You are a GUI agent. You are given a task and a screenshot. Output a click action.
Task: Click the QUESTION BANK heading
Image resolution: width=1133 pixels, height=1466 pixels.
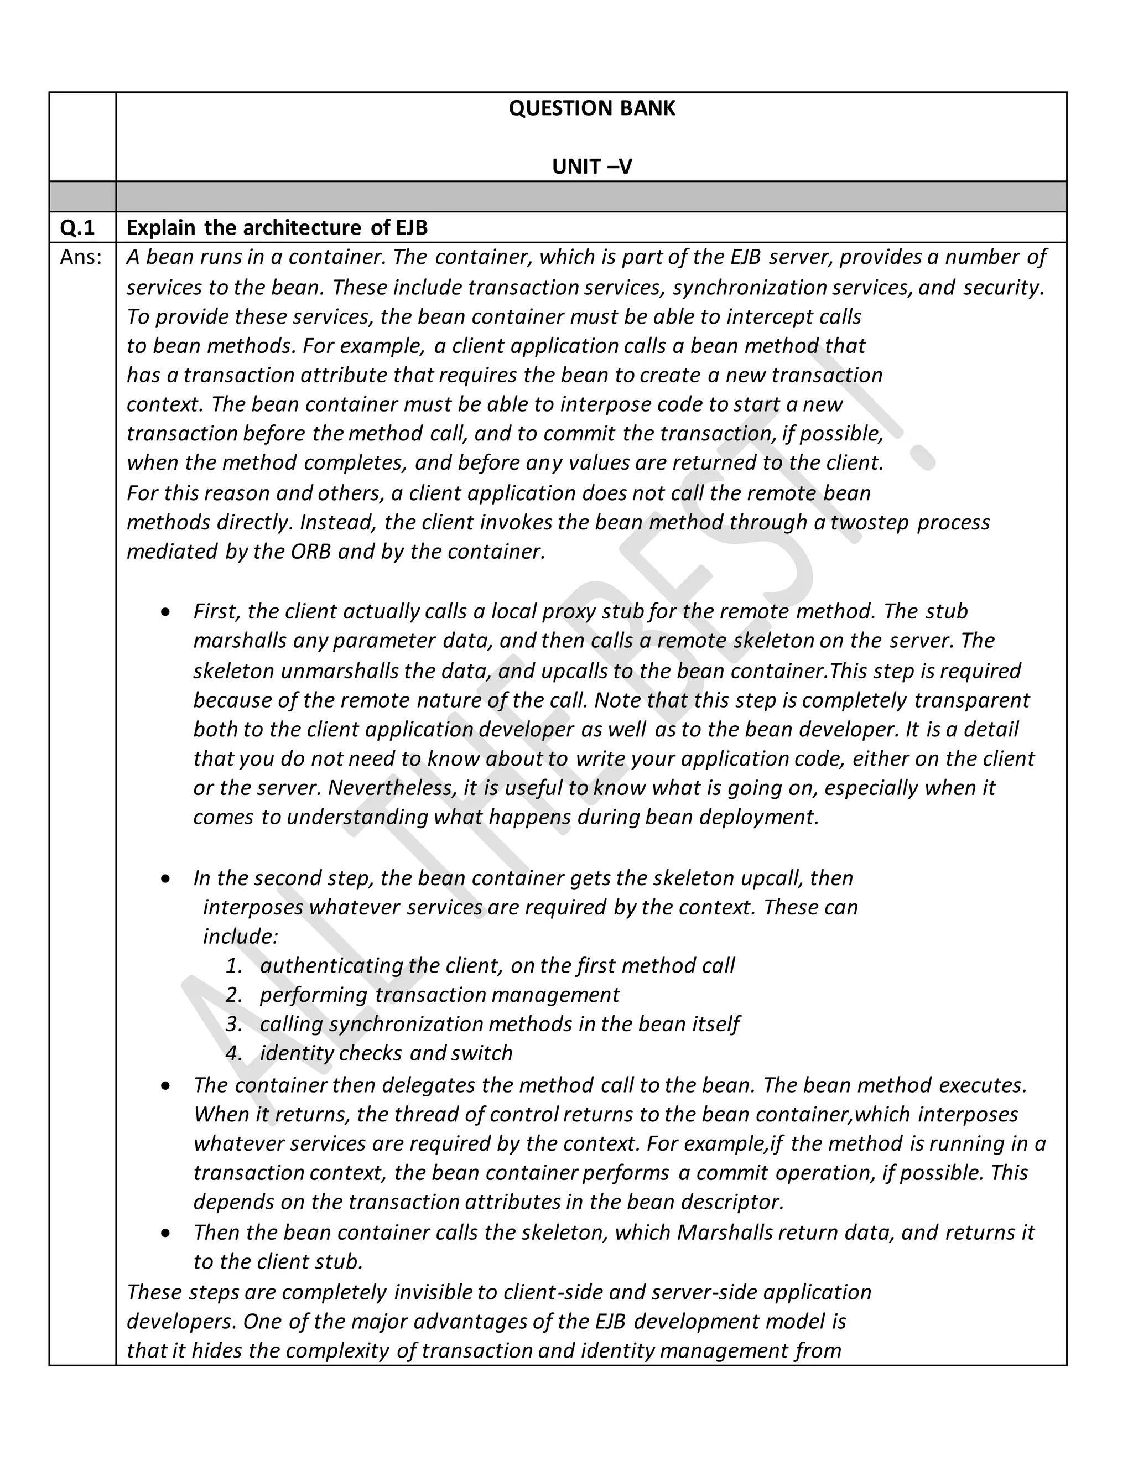pos(591,109)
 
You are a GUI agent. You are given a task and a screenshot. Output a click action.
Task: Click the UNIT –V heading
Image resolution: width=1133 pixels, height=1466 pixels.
pos(591,167)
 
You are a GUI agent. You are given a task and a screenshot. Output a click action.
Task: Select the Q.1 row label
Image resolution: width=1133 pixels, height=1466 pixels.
pos(78,228)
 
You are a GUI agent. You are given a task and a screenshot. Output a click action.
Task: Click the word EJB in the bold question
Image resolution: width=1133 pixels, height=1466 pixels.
pos(411,228)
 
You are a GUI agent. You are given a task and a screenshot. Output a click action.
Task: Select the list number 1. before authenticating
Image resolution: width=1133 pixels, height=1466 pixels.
pos(233,966)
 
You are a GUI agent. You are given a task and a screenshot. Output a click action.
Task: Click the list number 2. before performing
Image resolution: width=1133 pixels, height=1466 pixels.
pos(233,995)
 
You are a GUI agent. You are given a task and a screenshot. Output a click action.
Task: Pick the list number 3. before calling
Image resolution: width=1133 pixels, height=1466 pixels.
pos(233,1025)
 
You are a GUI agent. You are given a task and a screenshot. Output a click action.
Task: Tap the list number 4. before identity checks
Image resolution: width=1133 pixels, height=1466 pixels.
pos(233,1053)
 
